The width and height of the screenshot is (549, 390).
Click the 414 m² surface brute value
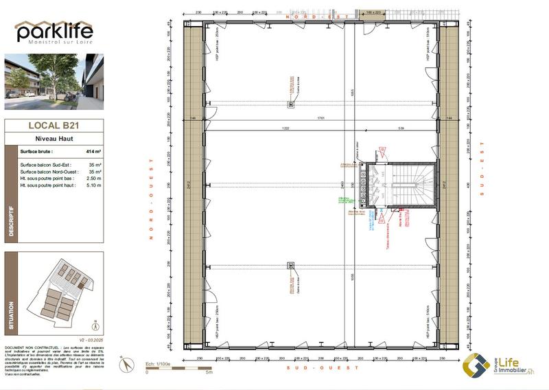tap(93, 151)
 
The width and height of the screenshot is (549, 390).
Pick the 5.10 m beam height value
tap(93, 185)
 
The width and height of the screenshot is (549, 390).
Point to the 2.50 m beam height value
tap(93, 179)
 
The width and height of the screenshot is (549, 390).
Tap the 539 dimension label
tap(401, 128)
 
